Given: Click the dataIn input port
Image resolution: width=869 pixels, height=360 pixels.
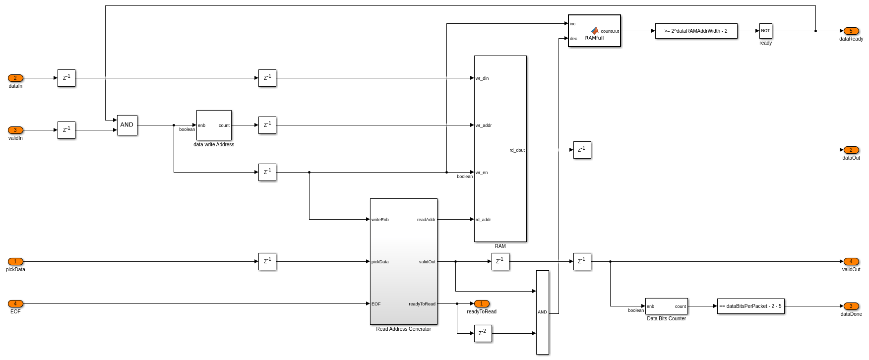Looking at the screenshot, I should click(x=15, y=78).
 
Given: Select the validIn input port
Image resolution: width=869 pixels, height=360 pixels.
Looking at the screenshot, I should click(x=15, y=130).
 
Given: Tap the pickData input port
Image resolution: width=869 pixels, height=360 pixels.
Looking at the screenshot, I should click(x=15, y=261).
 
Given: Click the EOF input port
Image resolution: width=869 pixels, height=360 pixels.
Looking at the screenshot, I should click(x=15, y=303).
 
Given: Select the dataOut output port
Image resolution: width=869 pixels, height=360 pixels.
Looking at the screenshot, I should click(x=851, y=150).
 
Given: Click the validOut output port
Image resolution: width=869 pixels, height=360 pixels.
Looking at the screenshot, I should click(x=851, y=261).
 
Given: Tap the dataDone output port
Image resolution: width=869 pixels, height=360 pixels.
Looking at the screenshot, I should click(x=851, y=306).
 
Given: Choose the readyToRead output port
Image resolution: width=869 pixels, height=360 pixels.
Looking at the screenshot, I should click(x=482, y=303).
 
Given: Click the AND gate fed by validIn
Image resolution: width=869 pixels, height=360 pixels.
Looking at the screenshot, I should click(x=127, y=125).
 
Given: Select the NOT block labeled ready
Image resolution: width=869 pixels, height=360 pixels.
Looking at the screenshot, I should click(x=765, y=31).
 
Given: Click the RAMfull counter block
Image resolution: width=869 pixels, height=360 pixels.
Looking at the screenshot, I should click(x=594, y=31).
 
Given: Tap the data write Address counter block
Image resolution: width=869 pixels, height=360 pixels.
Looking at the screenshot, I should click(x=214, y=125).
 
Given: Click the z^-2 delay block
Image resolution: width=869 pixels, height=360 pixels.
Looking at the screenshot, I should click(x=483, y=333).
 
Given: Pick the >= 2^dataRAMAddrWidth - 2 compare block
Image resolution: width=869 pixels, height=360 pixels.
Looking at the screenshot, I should click(x=696, y=31).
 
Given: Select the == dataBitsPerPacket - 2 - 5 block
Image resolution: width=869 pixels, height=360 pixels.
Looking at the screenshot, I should click(x=750, y=306).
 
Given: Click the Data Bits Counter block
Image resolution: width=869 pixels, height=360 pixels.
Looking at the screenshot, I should click(x=666, y=306).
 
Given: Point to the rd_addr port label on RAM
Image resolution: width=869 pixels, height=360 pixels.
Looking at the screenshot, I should click(x=484, y=220).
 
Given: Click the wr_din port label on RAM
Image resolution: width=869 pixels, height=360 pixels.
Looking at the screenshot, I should click(x=483, y=78).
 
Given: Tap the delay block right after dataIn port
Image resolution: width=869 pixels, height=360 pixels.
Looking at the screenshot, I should click(x=66, y=78).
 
